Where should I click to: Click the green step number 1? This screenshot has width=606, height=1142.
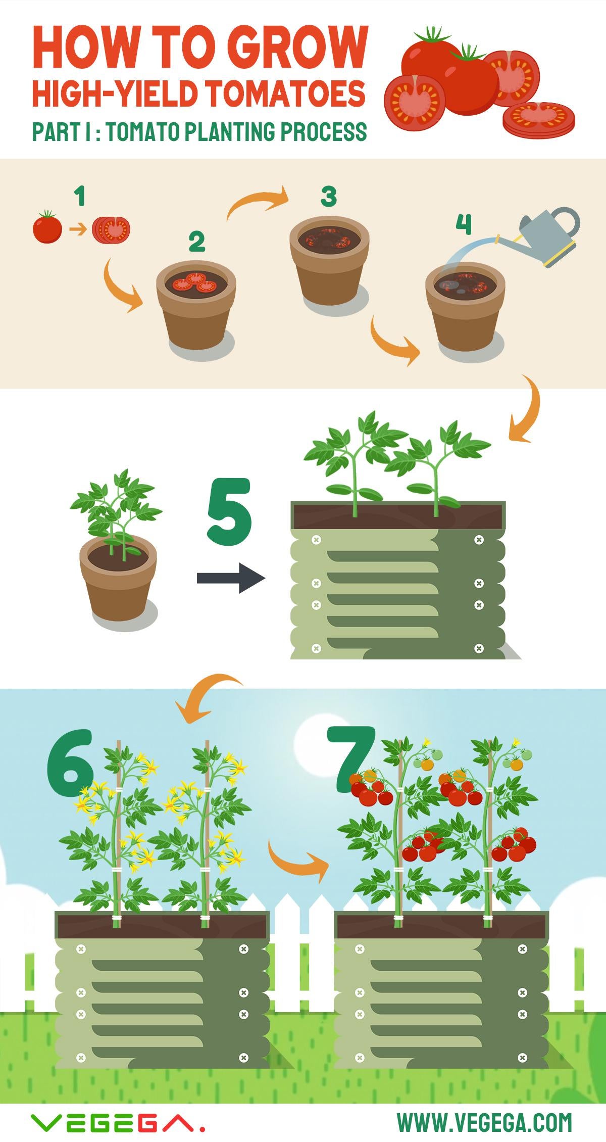click(x=79, y=196)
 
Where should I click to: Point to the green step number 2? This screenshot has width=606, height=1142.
click(x=197, y=242)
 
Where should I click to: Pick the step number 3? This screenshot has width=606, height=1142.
click(x=329, y=197)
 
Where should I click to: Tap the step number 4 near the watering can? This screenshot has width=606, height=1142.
click(x=464, y=224)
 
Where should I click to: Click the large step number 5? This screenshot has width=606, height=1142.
click(x=230, y=512)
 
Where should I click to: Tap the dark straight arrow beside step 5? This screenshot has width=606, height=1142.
click(x=231, y=578)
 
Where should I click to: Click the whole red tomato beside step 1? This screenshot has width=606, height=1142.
click(x=47, y=227)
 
